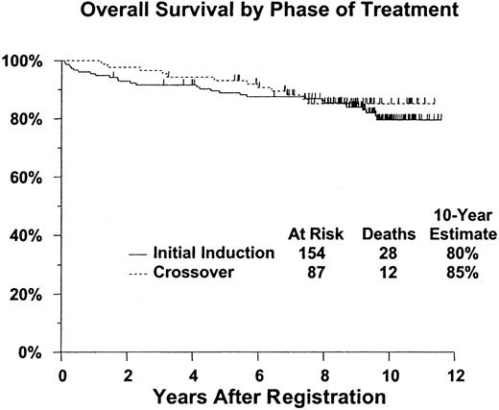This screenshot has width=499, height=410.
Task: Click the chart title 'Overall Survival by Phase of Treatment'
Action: [256, 13]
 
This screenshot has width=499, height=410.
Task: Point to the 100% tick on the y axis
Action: [33, 60]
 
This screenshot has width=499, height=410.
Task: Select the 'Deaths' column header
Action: [386, 233]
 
